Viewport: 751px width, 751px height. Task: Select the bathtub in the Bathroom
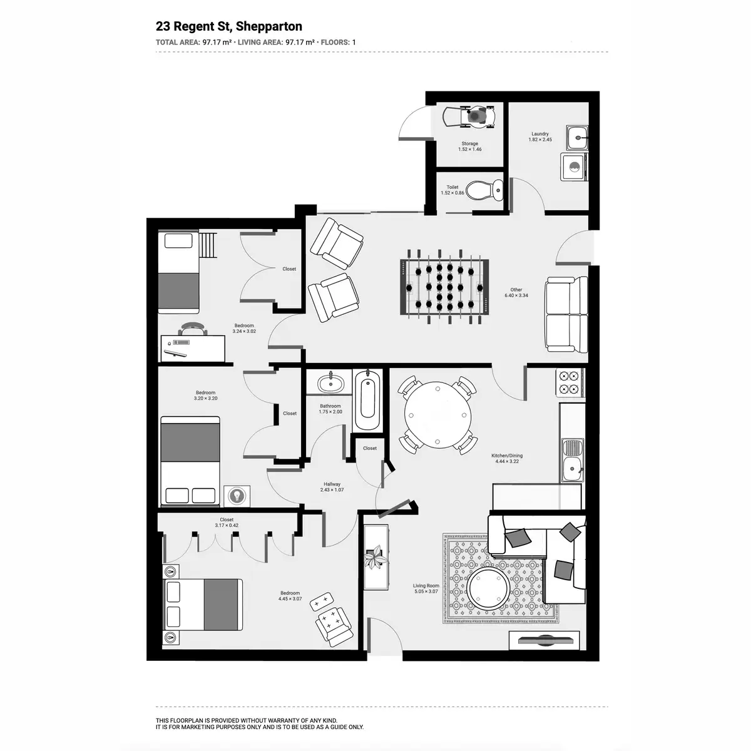tap(367, 401)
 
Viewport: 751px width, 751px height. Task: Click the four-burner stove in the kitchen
tap(570, 383)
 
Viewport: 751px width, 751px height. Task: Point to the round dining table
tap(437, 415)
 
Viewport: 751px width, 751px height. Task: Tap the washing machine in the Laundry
tap(573, 167)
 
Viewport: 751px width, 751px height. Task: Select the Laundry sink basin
tap(577, 138)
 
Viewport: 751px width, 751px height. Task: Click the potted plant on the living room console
tap(375, 557)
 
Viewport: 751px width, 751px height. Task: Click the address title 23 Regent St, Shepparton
tap(229, 26)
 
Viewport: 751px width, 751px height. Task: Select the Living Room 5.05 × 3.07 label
tap(426, 588)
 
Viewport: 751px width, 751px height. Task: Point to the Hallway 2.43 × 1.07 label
tap(332, 487)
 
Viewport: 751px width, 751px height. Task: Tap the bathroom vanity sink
tap(331, 384)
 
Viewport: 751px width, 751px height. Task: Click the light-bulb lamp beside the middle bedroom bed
tap(237, 496)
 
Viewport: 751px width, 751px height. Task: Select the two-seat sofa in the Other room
tap(566, 315)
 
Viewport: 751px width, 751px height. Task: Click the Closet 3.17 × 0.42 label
tap(227, 522)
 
